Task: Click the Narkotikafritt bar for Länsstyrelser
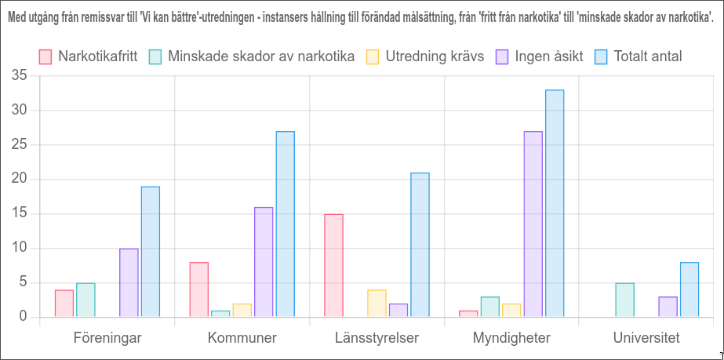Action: [x=333, y=266]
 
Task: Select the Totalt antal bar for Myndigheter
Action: [x=555, y=204]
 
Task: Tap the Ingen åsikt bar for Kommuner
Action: [x=264, y=262]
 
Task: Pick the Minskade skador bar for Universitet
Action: [x=624, y=300]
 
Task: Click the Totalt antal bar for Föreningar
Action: [x=151, y=252]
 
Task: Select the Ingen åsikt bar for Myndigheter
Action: [x=533, y=224]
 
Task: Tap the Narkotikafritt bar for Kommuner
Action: [x=198, y=289]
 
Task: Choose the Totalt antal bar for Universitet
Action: [x=689, y=289]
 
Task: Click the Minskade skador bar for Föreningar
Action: [x=85, y=300]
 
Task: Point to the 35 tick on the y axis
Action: [x=19, y=76]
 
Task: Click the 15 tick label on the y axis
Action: [x=19, y=213]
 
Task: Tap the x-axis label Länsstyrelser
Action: [x=377, y=338]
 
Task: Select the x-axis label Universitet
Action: [x=646, y=338]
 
